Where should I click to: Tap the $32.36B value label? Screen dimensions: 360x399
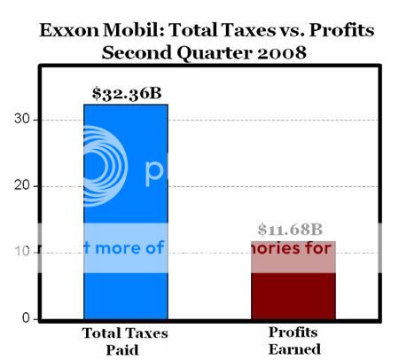click(x=126, y=92)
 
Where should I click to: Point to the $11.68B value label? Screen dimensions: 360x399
click(x=293, y=230)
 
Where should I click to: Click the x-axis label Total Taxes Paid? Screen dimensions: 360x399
click(x=125, y=340)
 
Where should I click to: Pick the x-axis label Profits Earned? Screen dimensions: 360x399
click(x=293, y=340)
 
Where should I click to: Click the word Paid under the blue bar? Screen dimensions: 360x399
click(x=125, y=348)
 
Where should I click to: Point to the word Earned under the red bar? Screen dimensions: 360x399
click(x=293, y=348)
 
